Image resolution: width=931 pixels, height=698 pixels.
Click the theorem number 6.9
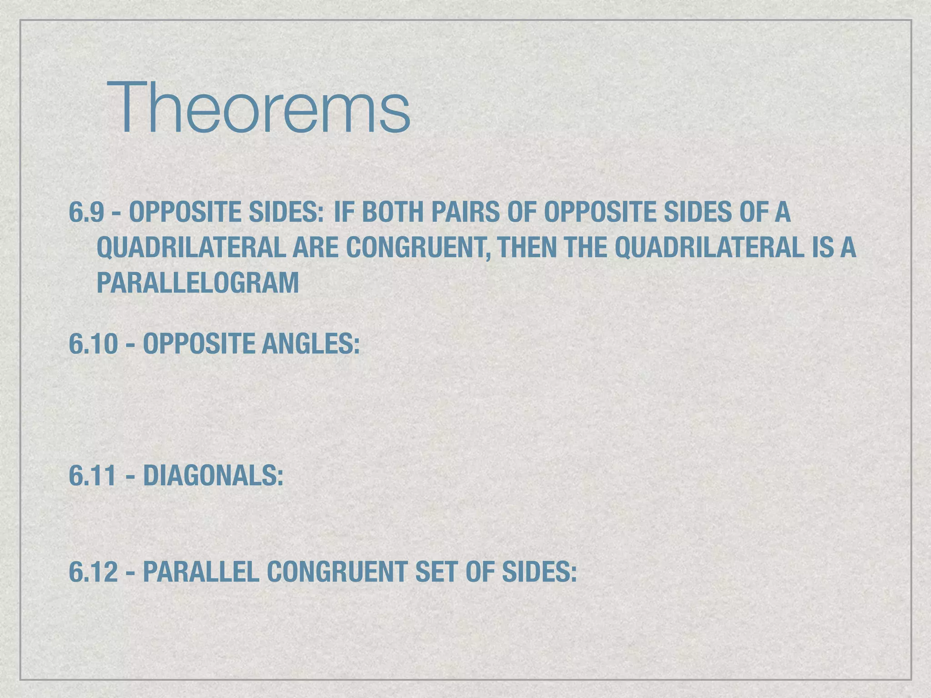tap(86, 212)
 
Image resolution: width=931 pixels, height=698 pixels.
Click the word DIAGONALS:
tap(213, 476)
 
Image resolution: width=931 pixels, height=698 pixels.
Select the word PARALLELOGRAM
tap(198, 283)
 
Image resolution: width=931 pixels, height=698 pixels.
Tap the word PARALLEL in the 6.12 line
tap(201, 572)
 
